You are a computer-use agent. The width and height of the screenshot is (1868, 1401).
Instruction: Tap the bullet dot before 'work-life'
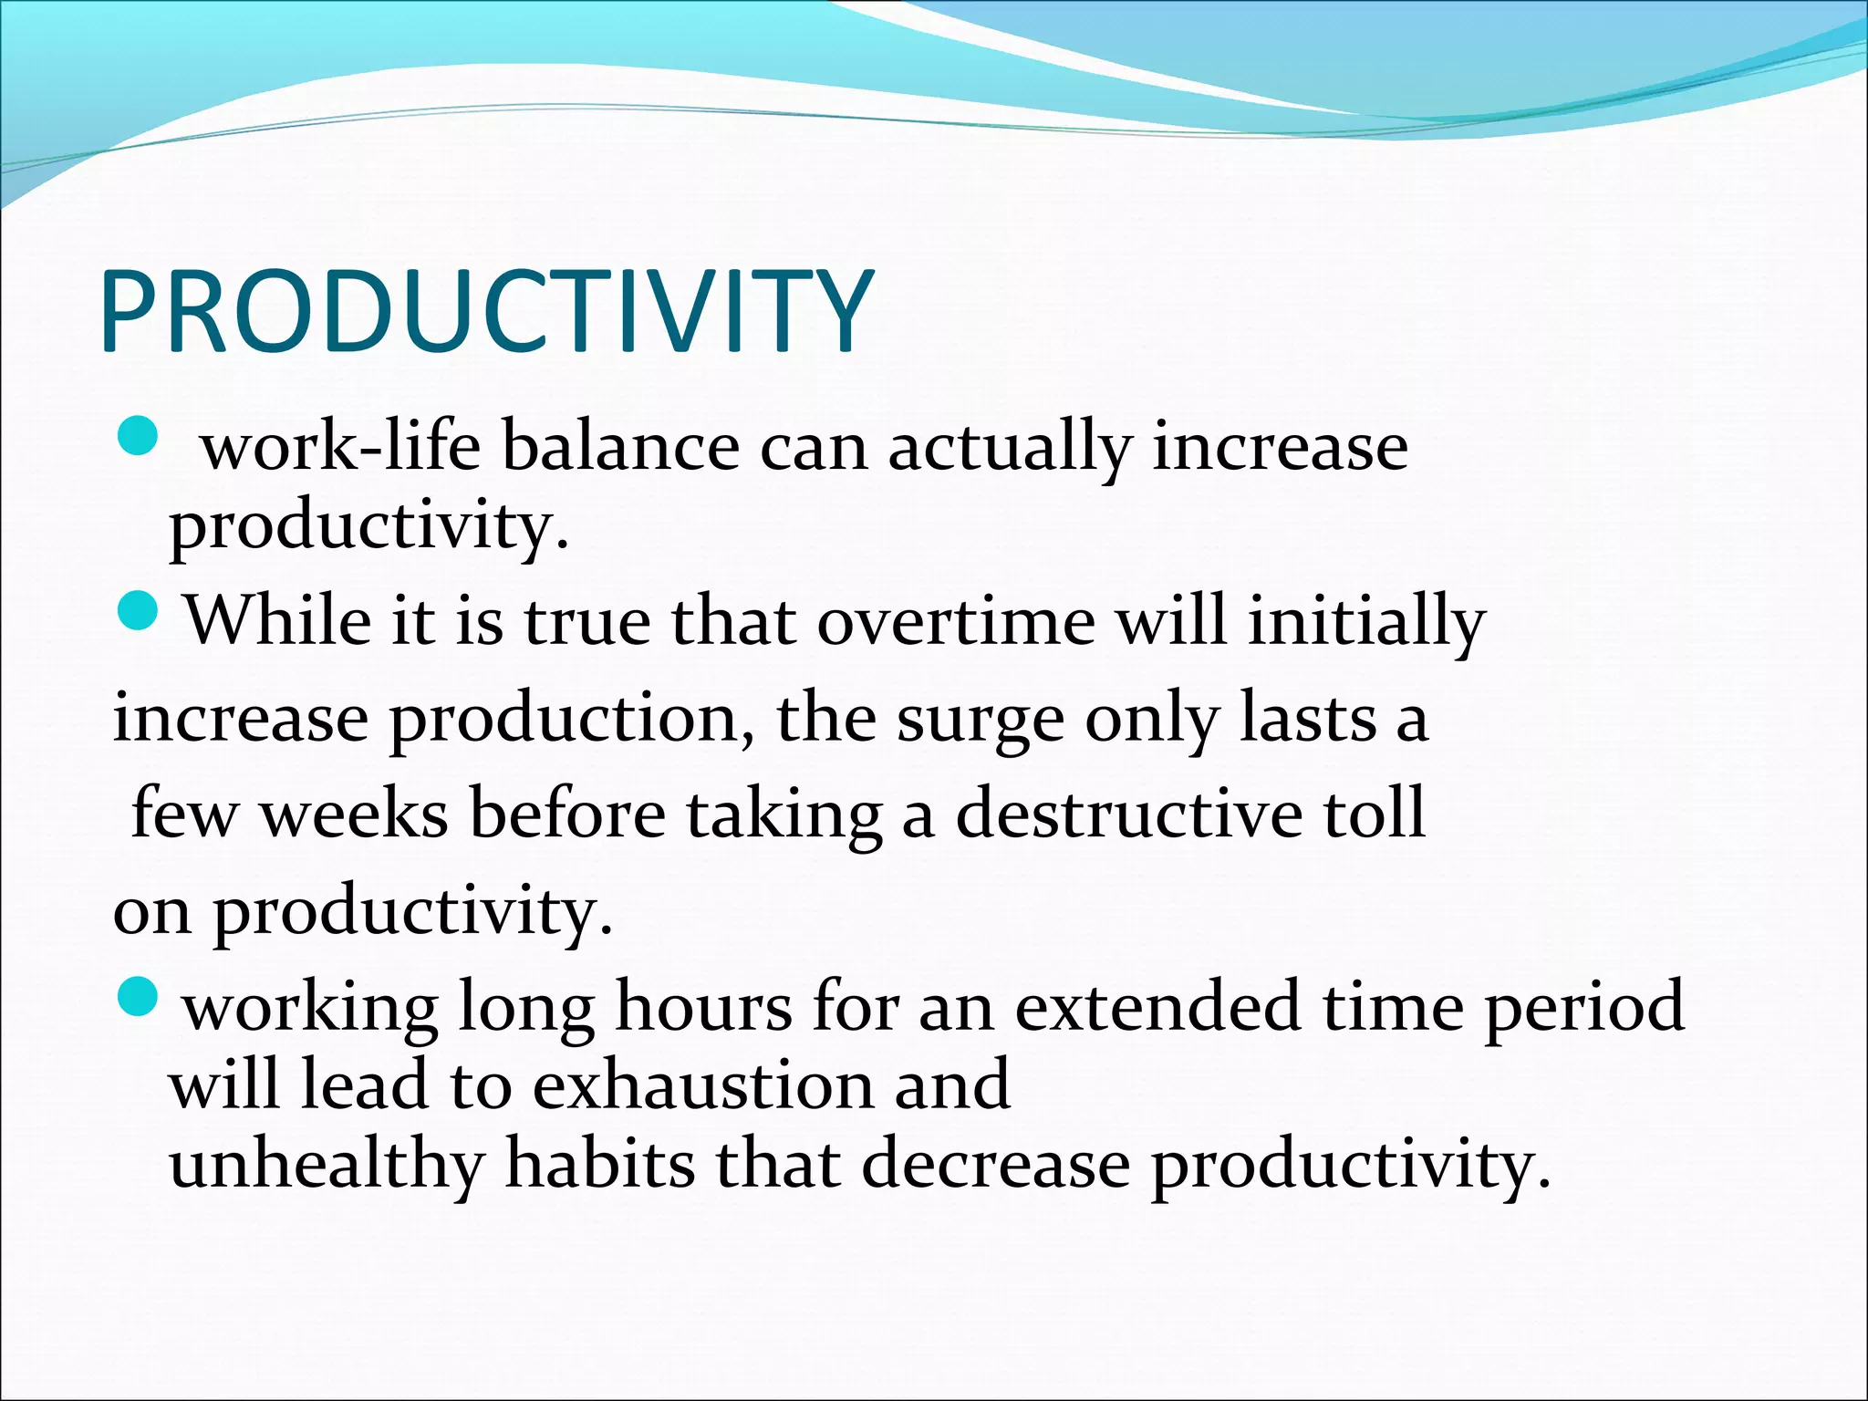point(139,436)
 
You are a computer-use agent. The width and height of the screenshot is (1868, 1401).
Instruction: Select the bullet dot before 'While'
point(139,609)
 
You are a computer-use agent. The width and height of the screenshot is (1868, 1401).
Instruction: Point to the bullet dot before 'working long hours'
point(139,996)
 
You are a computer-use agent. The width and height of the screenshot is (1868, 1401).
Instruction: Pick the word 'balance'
point(620,448)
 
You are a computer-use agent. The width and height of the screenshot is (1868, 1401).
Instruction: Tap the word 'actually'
point(1009,450)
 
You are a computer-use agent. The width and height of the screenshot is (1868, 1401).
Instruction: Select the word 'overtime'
point(956,621)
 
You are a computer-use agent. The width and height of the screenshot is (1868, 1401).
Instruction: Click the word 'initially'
point(1366,623)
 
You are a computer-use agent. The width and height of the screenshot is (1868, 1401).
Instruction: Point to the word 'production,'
point(573,721)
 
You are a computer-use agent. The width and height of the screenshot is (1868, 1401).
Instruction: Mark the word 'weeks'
point(355,814)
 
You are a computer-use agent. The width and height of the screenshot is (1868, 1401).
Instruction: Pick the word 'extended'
point(1157,1007)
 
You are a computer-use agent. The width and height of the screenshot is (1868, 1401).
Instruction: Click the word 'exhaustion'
point(702,1085)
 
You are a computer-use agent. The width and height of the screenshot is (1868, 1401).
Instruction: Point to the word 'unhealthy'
point(327,1166)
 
